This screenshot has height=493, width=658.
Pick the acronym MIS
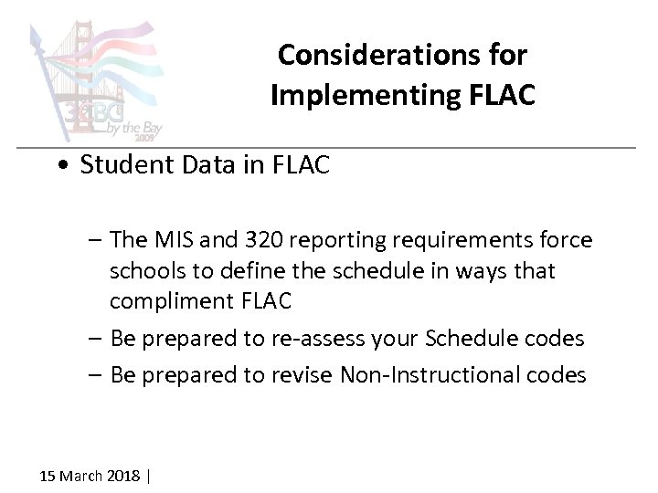(173, 240)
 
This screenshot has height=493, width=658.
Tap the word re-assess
(320, 339)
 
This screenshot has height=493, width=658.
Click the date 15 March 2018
(90, 476)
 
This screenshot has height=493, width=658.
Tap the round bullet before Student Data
(61, 166)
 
